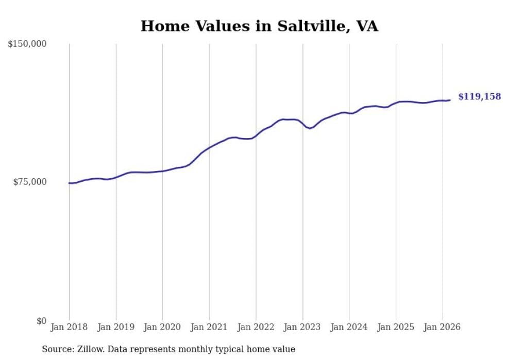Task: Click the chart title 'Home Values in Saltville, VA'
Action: click(259, 26)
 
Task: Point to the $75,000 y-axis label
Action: click(30, 182)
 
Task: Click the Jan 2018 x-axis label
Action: click(69, 327)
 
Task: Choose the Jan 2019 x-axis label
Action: click(115, 327)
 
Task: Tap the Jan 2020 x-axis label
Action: click(162, 327)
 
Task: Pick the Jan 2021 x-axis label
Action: click(209, 327)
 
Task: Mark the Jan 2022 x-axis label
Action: click(256, 327)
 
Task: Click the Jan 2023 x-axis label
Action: click(302, 327)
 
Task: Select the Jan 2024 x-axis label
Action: click(349, 327)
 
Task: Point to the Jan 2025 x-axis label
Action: click(396, 327)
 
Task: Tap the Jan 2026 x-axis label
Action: click(442, 327)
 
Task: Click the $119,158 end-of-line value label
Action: click(479, 97)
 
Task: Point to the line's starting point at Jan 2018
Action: click(69, 183)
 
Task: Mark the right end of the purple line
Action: click(450, 100)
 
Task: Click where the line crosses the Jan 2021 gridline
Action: click(209, 148)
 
